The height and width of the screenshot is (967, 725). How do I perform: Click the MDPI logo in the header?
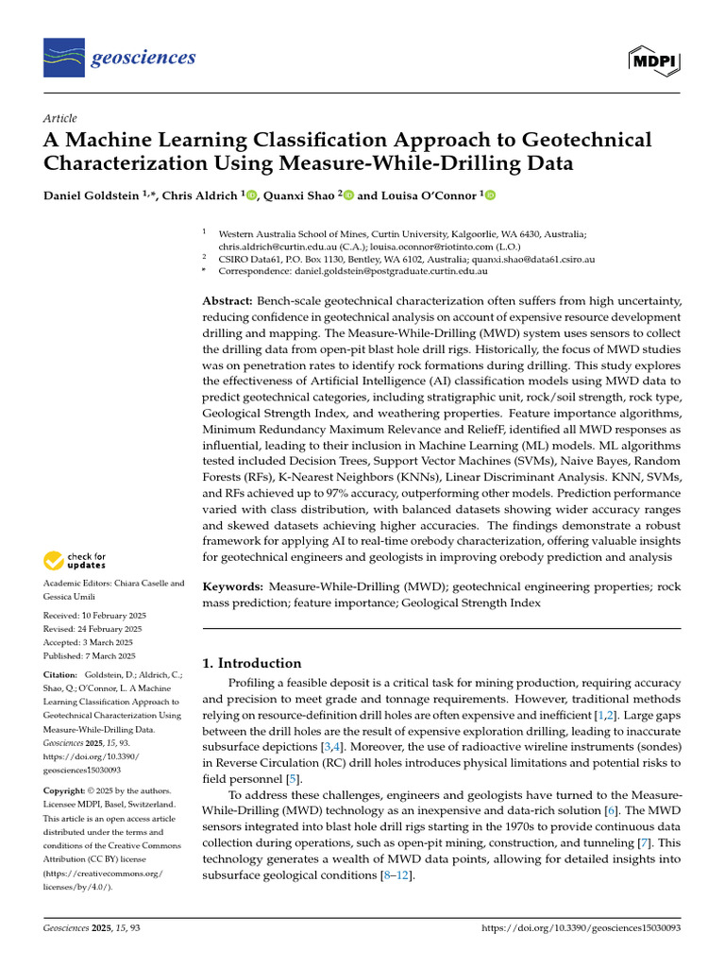click(655, 59)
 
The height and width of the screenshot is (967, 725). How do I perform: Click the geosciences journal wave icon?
click(62, 59)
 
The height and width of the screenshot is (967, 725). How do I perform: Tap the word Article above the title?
click(60, 118)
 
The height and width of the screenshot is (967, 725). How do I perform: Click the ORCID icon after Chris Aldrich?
click(251, 195)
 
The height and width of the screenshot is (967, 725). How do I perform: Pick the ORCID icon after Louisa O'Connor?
click(489, 195)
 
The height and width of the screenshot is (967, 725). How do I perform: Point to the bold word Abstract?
click(228, 299)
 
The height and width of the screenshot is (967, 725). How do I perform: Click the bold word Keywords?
click(233, 586)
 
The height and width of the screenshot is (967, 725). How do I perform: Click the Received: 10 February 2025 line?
click(93, 615)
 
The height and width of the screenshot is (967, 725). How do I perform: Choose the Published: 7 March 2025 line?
click(90, 655)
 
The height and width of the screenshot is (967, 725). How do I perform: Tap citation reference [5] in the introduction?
click(294, 779)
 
